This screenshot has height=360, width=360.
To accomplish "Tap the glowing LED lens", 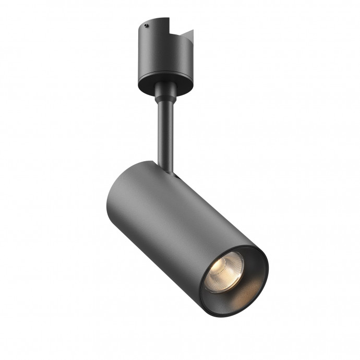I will pos(225,271).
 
